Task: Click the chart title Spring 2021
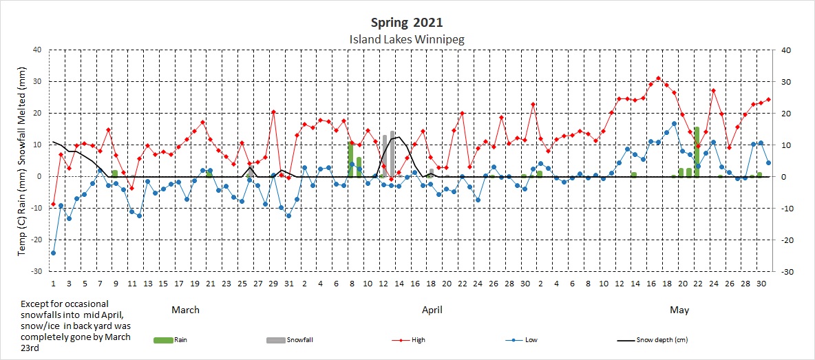pyautogui.click(x=407, y=23)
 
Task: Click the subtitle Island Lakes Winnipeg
pyautogui.click(x=407, y=39)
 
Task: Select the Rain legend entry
pyautogui.click(x=173, y=340)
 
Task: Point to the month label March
pyautogui.click(x=185, y=310)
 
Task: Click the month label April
pyautogui.click(x=432, y=310)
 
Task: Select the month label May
pyautogui.click(x=679, y=310)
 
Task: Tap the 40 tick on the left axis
pyautogui.click(x=36, y=50)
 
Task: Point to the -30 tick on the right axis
pyautogui.click(x=781, y=272)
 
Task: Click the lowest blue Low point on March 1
pyautogui.click(x=53, y=253)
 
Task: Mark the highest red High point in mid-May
pyautogui.click(x=659, y=78)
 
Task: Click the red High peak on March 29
pyautogui.click(x=273, y=112)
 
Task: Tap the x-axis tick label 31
pyautogui.click(x=288, y=284)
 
